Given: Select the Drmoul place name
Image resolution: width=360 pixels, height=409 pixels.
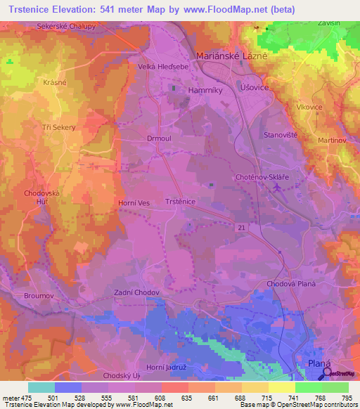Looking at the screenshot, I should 159,138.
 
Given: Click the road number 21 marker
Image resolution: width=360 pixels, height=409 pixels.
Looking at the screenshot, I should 241,226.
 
